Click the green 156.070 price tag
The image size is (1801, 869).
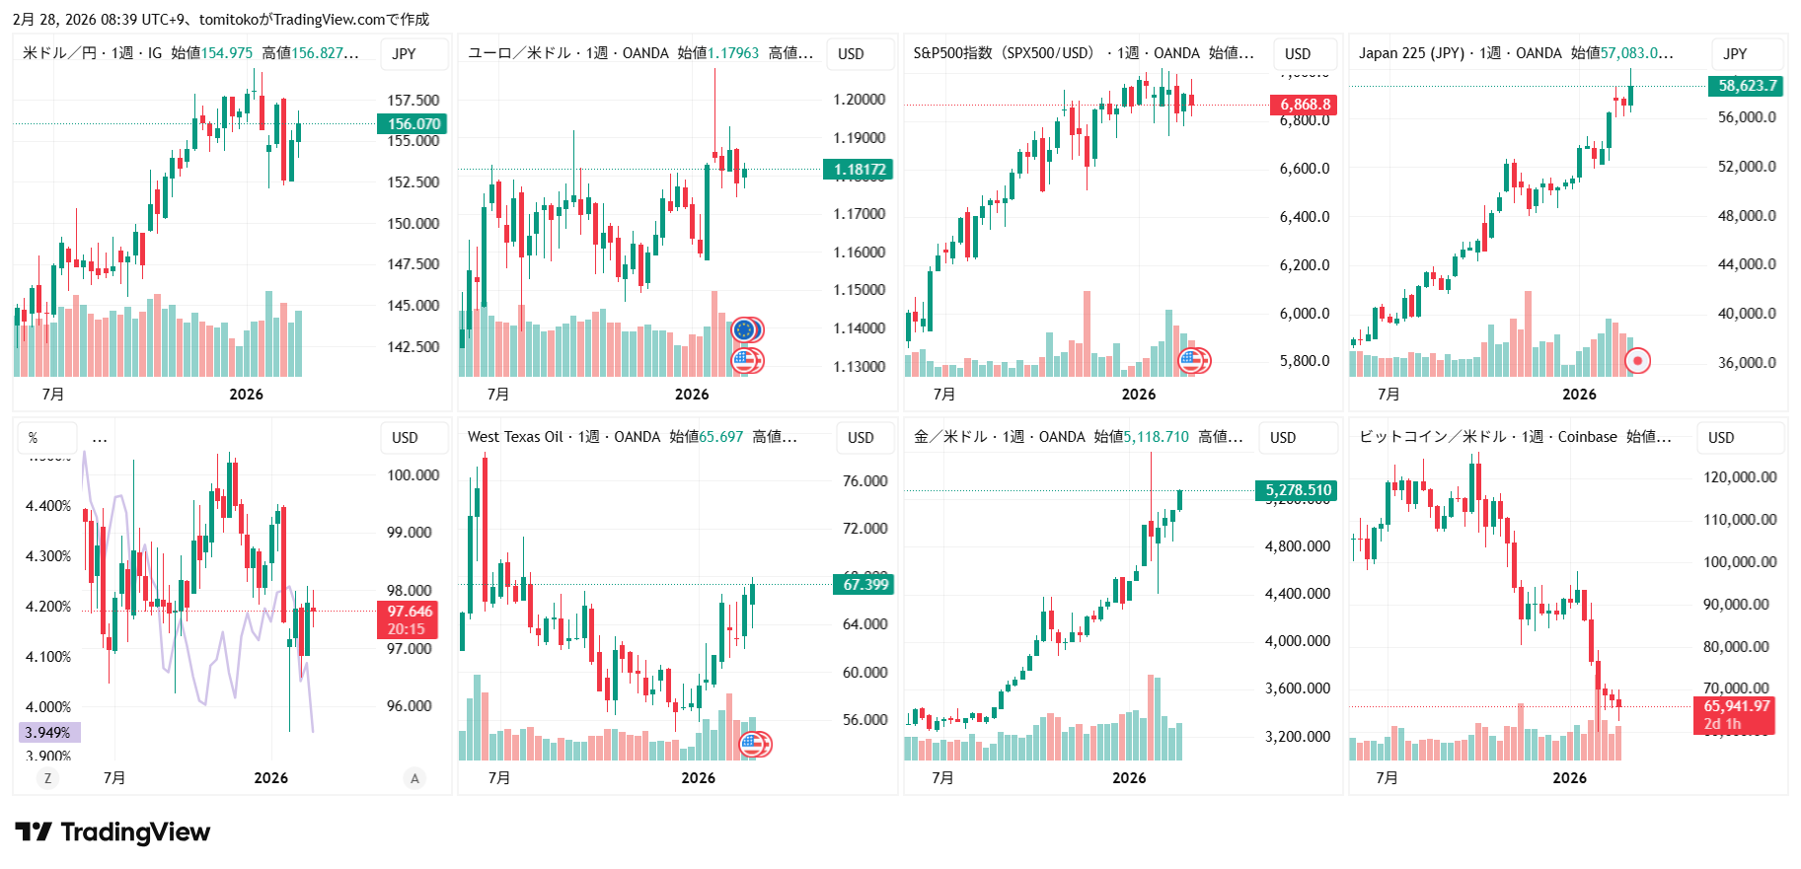pyautogui.click(x=413, y=123)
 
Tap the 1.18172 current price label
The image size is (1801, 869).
pyautogui.click(x=859, y=170)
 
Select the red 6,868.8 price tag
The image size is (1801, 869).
pyautogui.click(x=1305, y=105)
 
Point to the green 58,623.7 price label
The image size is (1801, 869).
pyautogui.click(x=1747, y=86)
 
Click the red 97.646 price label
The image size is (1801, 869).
pyautogui.click(x=409, y=612)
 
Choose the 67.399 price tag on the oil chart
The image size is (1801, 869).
pyautogui.click(x=864, y=585)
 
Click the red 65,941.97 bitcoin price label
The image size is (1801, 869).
pyautogui.click(x=1736, y=706)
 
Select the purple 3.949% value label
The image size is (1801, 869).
pyautogui.click(x=48, y=733)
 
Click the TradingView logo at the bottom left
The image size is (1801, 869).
pyautogui.click(x=113, y=833)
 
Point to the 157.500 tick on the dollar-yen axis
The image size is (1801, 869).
pyautogui.click(x=413, y=100)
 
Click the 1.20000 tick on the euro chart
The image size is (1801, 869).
pyautogui.click(x=859, y=100)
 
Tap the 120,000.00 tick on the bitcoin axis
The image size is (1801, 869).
pyautogui.click(x=1740, y=477)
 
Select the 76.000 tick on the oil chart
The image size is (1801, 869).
pyautogui.click(x=864, y=481)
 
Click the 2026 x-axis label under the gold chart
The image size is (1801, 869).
pyautogui.click(x=1129, y=778)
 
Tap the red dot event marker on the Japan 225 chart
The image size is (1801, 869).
pyautogui.click(x=1637, y=361)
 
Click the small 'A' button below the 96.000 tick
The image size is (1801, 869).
pyautogui.click(x=414, y=778)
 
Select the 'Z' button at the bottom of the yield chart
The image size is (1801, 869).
pyautogui.click(x=47, y=778)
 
